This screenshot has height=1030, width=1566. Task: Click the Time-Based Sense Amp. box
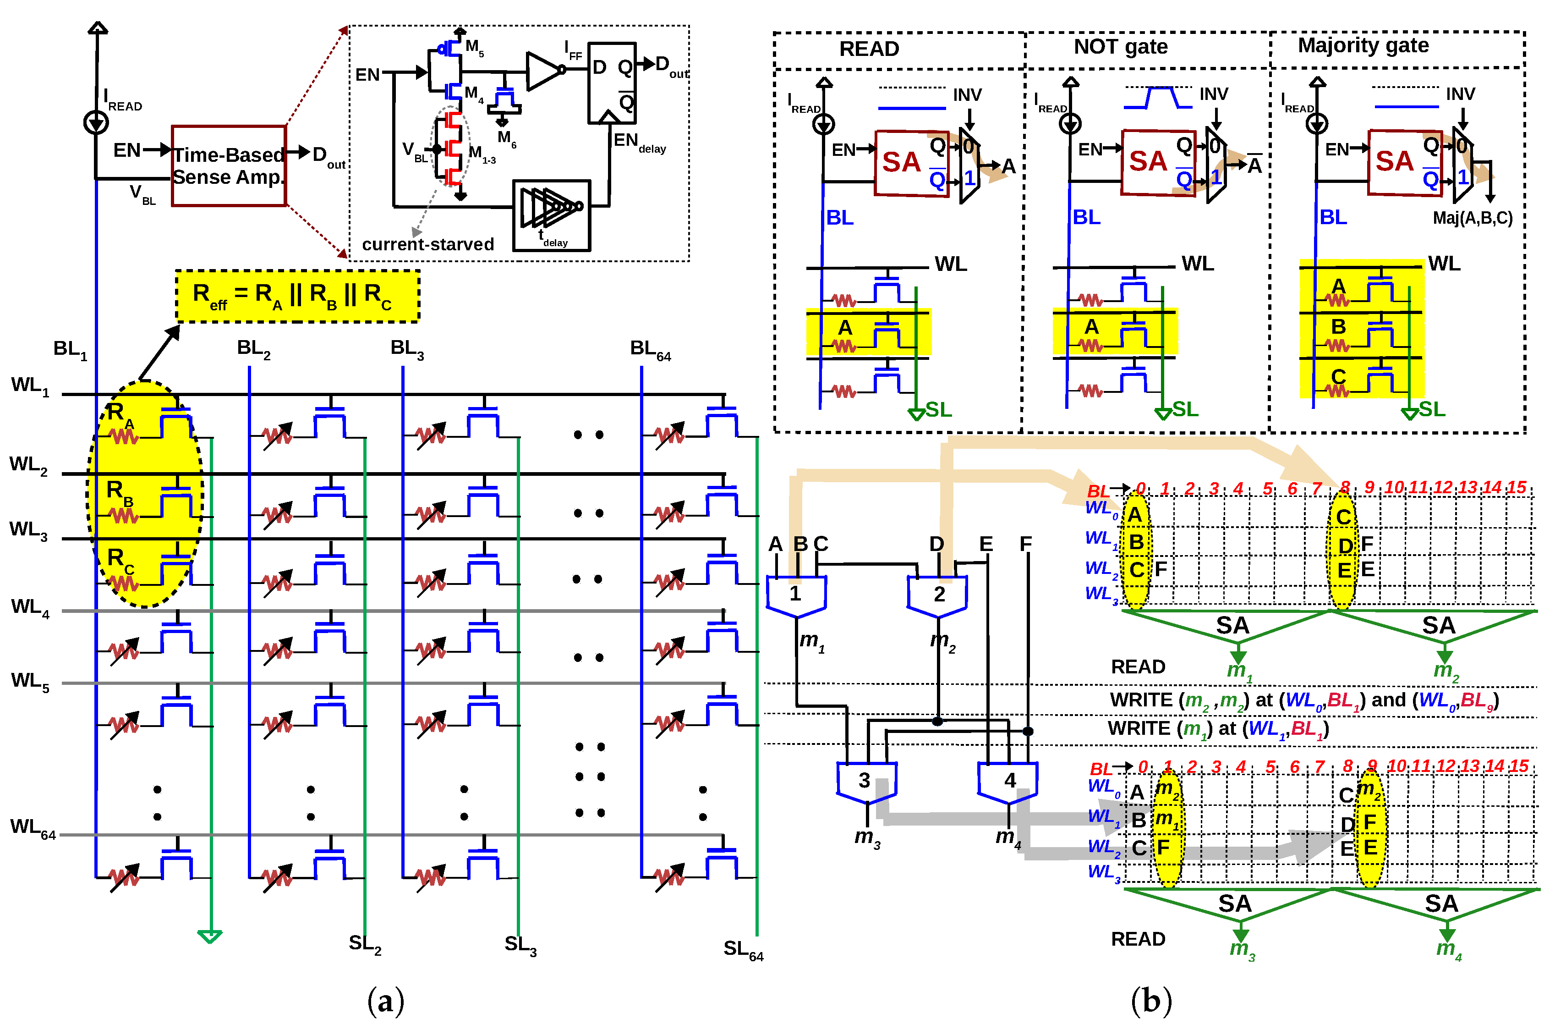(228, 166)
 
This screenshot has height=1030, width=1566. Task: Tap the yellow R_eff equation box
(297, 296)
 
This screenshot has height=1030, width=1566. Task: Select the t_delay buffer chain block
(551, 215)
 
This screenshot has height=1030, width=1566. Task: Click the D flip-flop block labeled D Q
(612, 83)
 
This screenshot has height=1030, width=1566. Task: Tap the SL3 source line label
(520, 946)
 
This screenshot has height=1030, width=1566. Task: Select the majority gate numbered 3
(865, 782)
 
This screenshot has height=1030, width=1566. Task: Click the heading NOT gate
(1121, 47)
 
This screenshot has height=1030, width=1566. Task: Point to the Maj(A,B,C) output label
(1473, 218)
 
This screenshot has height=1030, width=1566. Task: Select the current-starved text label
(427, 245)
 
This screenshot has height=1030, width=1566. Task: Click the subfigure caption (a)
(386, 1001)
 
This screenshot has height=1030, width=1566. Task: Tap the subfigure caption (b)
(1151, 1001)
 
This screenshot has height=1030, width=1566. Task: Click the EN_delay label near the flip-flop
(639, 142)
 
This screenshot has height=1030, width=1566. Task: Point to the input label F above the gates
(1025, 544)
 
